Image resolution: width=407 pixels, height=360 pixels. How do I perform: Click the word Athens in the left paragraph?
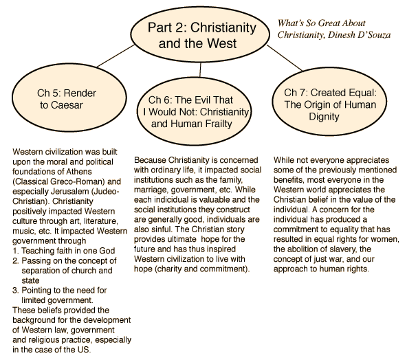coord(79,172)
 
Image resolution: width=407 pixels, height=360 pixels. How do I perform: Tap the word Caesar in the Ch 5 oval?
coord(67,105)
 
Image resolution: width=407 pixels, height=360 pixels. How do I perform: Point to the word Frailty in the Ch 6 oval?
coord(219,124)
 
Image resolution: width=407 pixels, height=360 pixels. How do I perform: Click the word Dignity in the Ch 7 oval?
coord(324,117)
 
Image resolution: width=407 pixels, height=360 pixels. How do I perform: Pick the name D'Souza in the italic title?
coord(374,35)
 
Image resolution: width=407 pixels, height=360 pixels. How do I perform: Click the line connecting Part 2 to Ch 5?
coord(115,56)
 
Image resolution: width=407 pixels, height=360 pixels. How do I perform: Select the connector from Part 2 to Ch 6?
coord(200,70)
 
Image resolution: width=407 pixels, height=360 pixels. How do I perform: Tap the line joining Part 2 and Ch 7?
coord(285,58)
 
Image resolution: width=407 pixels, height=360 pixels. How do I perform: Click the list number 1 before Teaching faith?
coord(15,251)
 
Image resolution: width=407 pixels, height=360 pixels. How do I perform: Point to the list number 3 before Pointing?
coord(15,290)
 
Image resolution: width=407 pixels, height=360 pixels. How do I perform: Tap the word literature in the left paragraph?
coord(100,221)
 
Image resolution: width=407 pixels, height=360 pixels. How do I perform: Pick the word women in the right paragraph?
coord(385,239)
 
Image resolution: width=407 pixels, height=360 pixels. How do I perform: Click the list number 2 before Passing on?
coord(16,260)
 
